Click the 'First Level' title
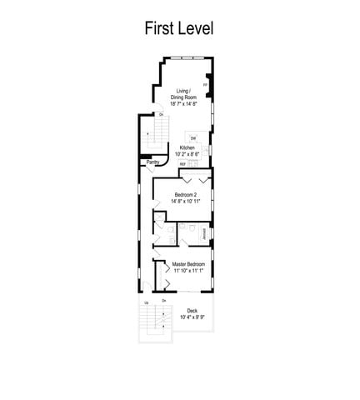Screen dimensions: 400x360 pyautogui.click(x=179, y=27)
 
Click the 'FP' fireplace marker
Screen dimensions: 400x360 pyautogui.click(x=205, y=84)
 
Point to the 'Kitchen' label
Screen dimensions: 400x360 pyautogui.click(x=187, y=147)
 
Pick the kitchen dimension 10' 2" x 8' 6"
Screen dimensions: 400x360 pyautogui.click(x=187, y=154)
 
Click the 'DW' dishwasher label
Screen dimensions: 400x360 pyautogui.click(x=193, y=137)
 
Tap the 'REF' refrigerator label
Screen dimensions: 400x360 pyautogui.click(x=182, y=164)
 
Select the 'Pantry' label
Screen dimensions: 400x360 pyautogui.click(x=152, y=162)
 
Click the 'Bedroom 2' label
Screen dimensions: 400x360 pyautogui.click(x=185, y=194)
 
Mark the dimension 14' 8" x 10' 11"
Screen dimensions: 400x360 pyautogui.click(x=185, y=201)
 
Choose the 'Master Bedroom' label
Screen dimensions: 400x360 pyautogui.click(x=188, y=265)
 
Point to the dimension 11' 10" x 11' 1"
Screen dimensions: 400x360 pyautogui.click(x=188, y=272)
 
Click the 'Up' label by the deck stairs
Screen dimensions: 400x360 pyautogui.click(x=147, y=302)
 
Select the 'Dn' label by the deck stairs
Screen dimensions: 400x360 pyautogui.click(x=164, y=301)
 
